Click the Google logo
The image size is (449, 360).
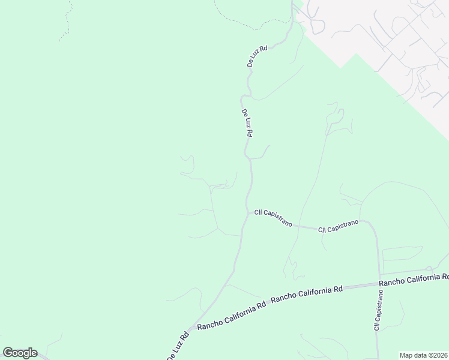(x=20, y=353)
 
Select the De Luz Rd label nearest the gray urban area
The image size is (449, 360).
(x=257, y=55)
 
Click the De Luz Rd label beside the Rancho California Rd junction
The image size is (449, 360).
(x=178, y=346)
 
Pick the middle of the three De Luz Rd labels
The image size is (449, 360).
(x=246, y=123)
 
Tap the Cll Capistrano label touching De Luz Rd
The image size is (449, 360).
(x=273, y=217)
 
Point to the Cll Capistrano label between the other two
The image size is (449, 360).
(x=338, y=226)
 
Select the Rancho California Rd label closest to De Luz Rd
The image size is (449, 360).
(x=231, y=315)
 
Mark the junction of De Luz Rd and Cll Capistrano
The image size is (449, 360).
(x=247, y=211)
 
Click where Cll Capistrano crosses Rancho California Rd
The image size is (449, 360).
(x=379, y=283)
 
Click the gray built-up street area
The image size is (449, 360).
(x=384, y=36)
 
